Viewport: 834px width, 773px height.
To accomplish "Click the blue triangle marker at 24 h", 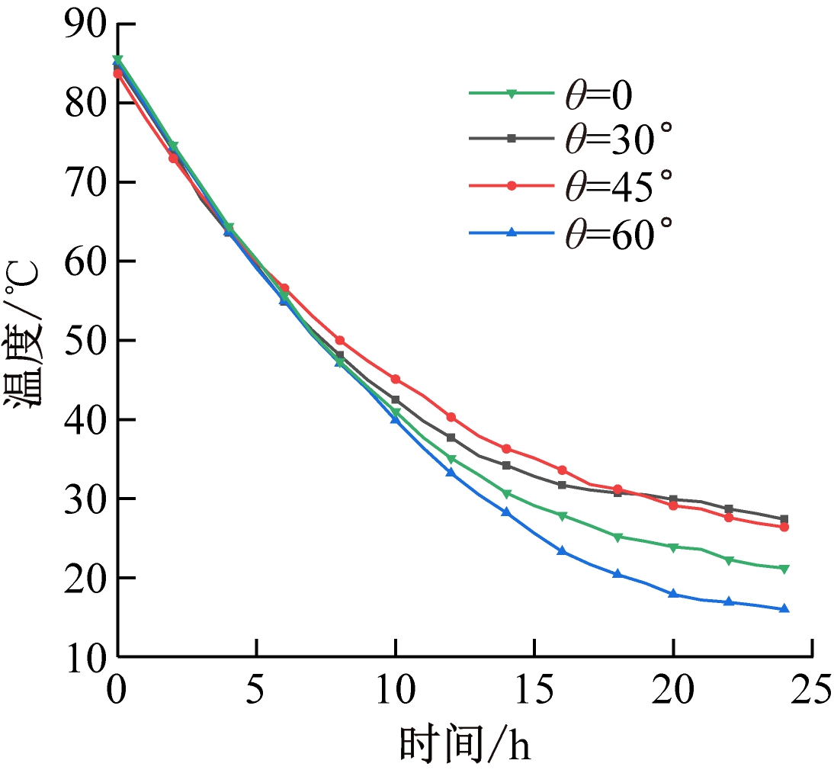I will [x=784, y=608].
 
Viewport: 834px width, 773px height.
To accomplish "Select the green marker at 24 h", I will [x=784, y=568].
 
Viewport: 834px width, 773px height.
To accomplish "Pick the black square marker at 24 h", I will [x=784, y=519].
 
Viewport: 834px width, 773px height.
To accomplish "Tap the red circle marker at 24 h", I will [x=784, y=527].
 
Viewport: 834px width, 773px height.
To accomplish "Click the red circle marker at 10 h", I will [x=396, y=379].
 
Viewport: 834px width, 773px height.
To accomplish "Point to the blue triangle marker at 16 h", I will [x=562, y=550].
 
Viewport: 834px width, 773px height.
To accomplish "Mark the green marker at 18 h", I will [x=617, y=537].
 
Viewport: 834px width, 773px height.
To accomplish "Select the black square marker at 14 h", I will [x=506, y=465].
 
